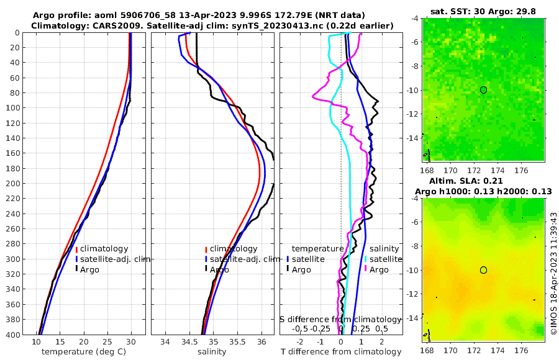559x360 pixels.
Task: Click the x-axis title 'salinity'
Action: tap(212, 352)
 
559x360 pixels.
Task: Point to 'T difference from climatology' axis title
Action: tap(341, 352)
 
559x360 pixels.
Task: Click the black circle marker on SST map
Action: tap(483, 90)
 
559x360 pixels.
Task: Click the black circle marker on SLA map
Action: tap(483, 270)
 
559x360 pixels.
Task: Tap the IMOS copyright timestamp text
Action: tap(553, 274)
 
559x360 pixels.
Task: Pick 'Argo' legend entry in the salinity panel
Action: tap(219, 269)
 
